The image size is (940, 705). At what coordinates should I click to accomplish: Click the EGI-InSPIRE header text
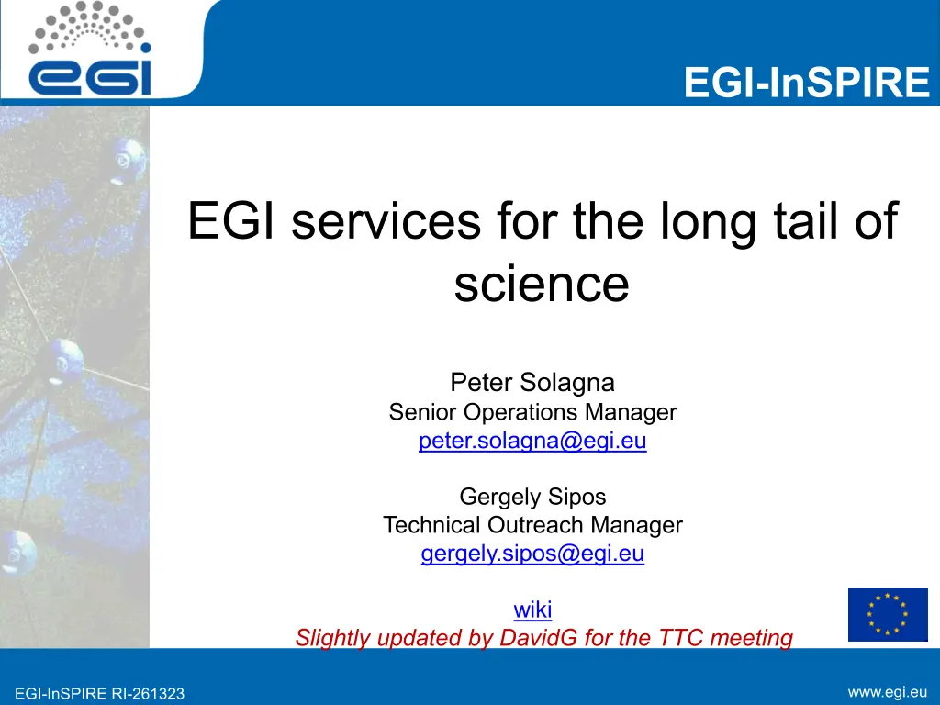click(x=806, y=82)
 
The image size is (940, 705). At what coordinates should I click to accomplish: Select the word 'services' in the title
click(x=386, y=220)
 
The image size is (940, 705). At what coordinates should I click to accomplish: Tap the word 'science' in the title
click(x=542, y=284)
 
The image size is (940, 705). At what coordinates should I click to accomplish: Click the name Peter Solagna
click(x=532, y=383)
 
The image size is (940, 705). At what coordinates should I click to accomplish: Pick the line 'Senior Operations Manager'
click(x=532, y=412)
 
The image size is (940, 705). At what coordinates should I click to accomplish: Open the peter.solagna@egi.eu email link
click(x=532, y=441)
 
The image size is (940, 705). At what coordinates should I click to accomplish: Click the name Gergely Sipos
click(x=532, y=497)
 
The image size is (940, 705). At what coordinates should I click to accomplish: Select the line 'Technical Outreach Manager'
click(x=532, y=524)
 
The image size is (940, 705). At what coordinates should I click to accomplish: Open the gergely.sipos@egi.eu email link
click(x=532, y=554)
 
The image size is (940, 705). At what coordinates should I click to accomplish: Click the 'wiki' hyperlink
click(x=532, y=610)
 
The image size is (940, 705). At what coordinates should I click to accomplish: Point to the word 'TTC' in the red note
click(x=680, y=637)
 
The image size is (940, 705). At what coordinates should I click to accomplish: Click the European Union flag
click(x=888, y=614)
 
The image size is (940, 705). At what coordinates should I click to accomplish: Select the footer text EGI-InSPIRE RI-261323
click(x=99, y=694)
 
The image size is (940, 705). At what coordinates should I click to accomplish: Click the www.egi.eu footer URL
click(x=888, y=692)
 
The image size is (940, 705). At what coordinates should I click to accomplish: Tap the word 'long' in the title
click(x=708, y=222)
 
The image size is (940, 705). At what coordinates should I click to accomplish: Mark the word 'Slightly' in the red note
click(x=333, y=639)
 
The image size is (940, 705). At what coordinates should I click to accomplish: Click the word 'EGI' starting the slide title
click(x=231, y=220)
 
